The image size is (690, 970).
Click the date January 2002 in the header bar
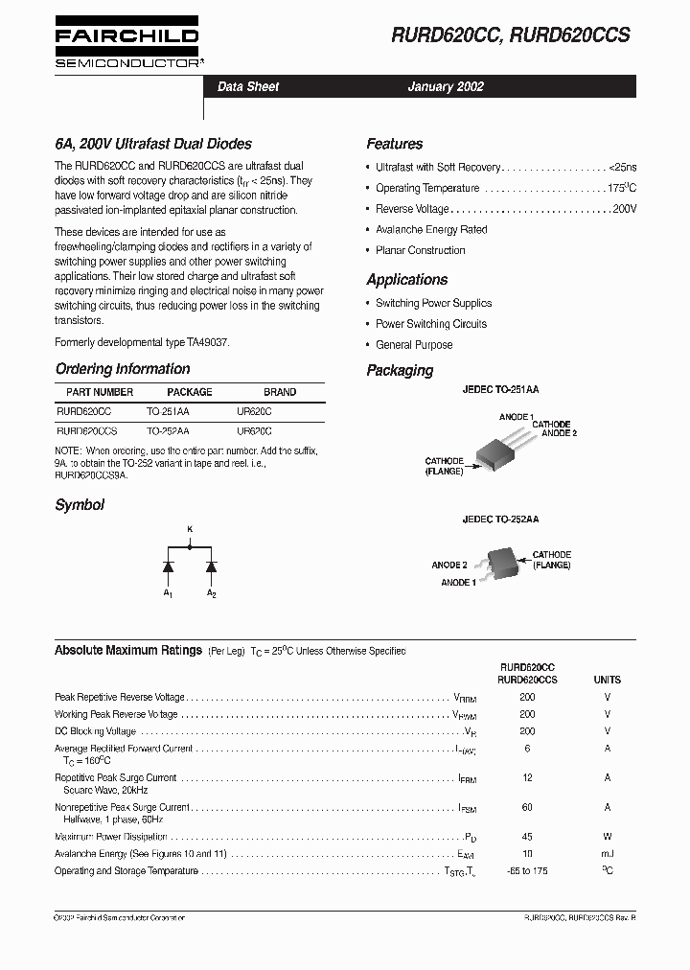[x=446, y=86]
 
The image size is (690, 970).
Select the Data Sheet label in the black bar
[x=248, y=86]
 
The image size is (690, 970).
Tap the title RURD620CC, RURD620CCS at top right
[x=510, y=35]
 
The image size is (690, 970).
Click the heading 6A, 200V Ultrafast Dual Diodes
[x=153, y=144]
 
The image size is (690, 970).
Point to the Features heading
[x=394, y=144]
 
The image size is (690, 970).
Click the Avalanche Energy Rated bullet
[x=431, y=230]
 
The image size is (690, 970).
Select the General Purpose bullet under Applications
[x=414, y=345]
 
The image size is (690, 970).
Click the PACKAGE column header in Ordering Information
[x=190, y=392]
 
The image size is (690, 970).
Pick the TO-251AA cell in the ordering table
[x=168, y=410]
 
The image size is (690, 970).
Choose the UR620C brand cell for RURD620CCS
[x=254, y=431]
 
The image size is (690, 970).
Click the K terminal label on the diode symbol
[x=189, y=529]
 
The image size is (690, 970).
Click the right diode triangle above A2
[x=211, y=566]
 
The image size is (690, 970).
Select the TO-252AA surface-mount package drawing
[x=500, y=563]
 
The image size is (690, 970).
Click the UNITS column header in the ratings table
[x=607, y=680]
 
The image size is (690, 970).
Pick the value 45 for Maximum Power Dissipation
[x=527, y=837]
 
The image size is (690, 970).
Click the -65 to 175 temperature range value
[x=527, y=870]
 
